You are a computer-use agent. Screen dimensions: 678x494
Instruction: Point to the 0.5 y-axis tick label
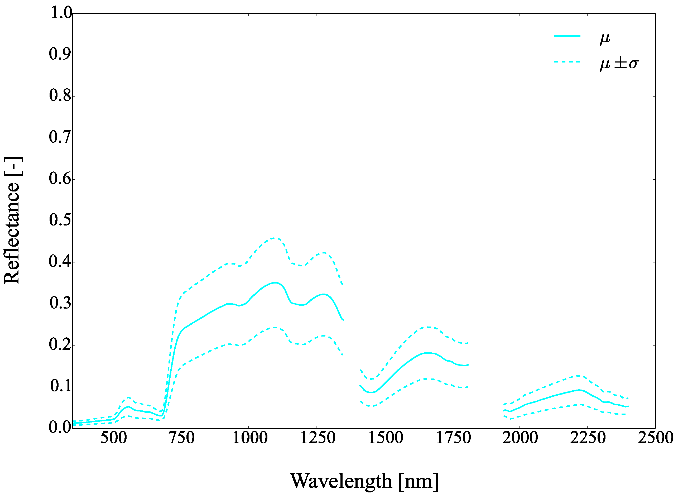pos(61,220)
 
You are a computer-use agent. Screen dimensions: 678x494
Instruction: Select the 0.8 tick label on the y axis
pos(61,96)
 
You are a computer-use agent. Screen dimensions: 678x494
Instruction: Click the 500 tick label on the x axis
pos(114,438)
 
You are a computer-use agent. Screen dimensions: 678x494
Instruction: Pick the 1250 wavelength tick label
pos(318,438)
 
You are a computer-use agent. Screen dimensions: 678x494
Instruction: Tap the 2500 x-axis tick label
pos(655,438)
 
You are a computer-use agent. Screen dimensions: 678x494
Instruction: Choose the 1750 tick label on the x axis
pos(454,438)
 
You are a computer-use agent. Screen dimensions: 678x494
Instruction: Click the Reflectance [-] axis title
pos(12,220)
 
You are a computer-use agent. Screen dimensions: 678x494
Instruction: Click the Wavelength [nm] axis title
pos(364,481)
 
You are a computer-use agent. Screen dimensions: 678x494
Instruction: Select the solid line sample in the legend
pos(567,36)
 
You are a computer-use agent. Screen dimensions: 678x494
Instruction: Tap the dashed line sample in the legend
pos(567,62)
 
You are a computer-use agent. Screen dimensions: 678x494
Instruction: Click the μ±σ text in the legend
pos(619,63)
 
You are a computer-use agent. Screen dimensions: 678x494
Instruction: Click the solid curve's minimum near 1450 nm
pos(372,393)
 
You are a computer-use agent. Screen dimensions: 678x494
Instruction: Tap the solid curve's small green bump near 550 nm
pos(128,407)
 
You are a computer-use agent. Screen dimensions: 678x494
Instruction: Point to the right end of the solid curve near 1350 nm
pos(343,320)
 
